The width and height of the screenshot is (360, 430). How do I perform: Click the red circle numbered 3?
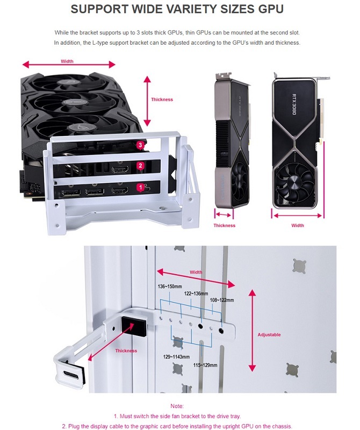click(140, 145)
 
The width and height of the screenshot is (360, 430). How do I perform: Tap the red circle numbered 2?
click(140, 166)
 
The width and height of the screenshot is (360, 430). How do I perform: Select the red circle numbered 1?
click(140, 187)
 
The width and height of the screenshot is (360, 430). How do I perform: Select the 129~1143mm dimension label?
click(176, 356)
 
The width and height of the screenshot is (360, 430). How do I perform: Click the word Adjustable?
click(269, 335)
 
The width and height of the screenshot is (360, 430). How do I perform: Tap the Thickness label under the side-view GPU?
click(224, 225)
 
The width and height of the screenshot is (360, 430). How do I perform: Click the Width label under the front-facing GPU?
click(298, 225)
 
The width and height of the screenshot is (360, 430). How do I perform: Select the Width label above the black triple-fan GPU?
click(67, 61)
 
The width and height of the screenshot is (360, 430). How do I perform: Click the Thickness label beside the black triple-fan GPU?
click(162, 99)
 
